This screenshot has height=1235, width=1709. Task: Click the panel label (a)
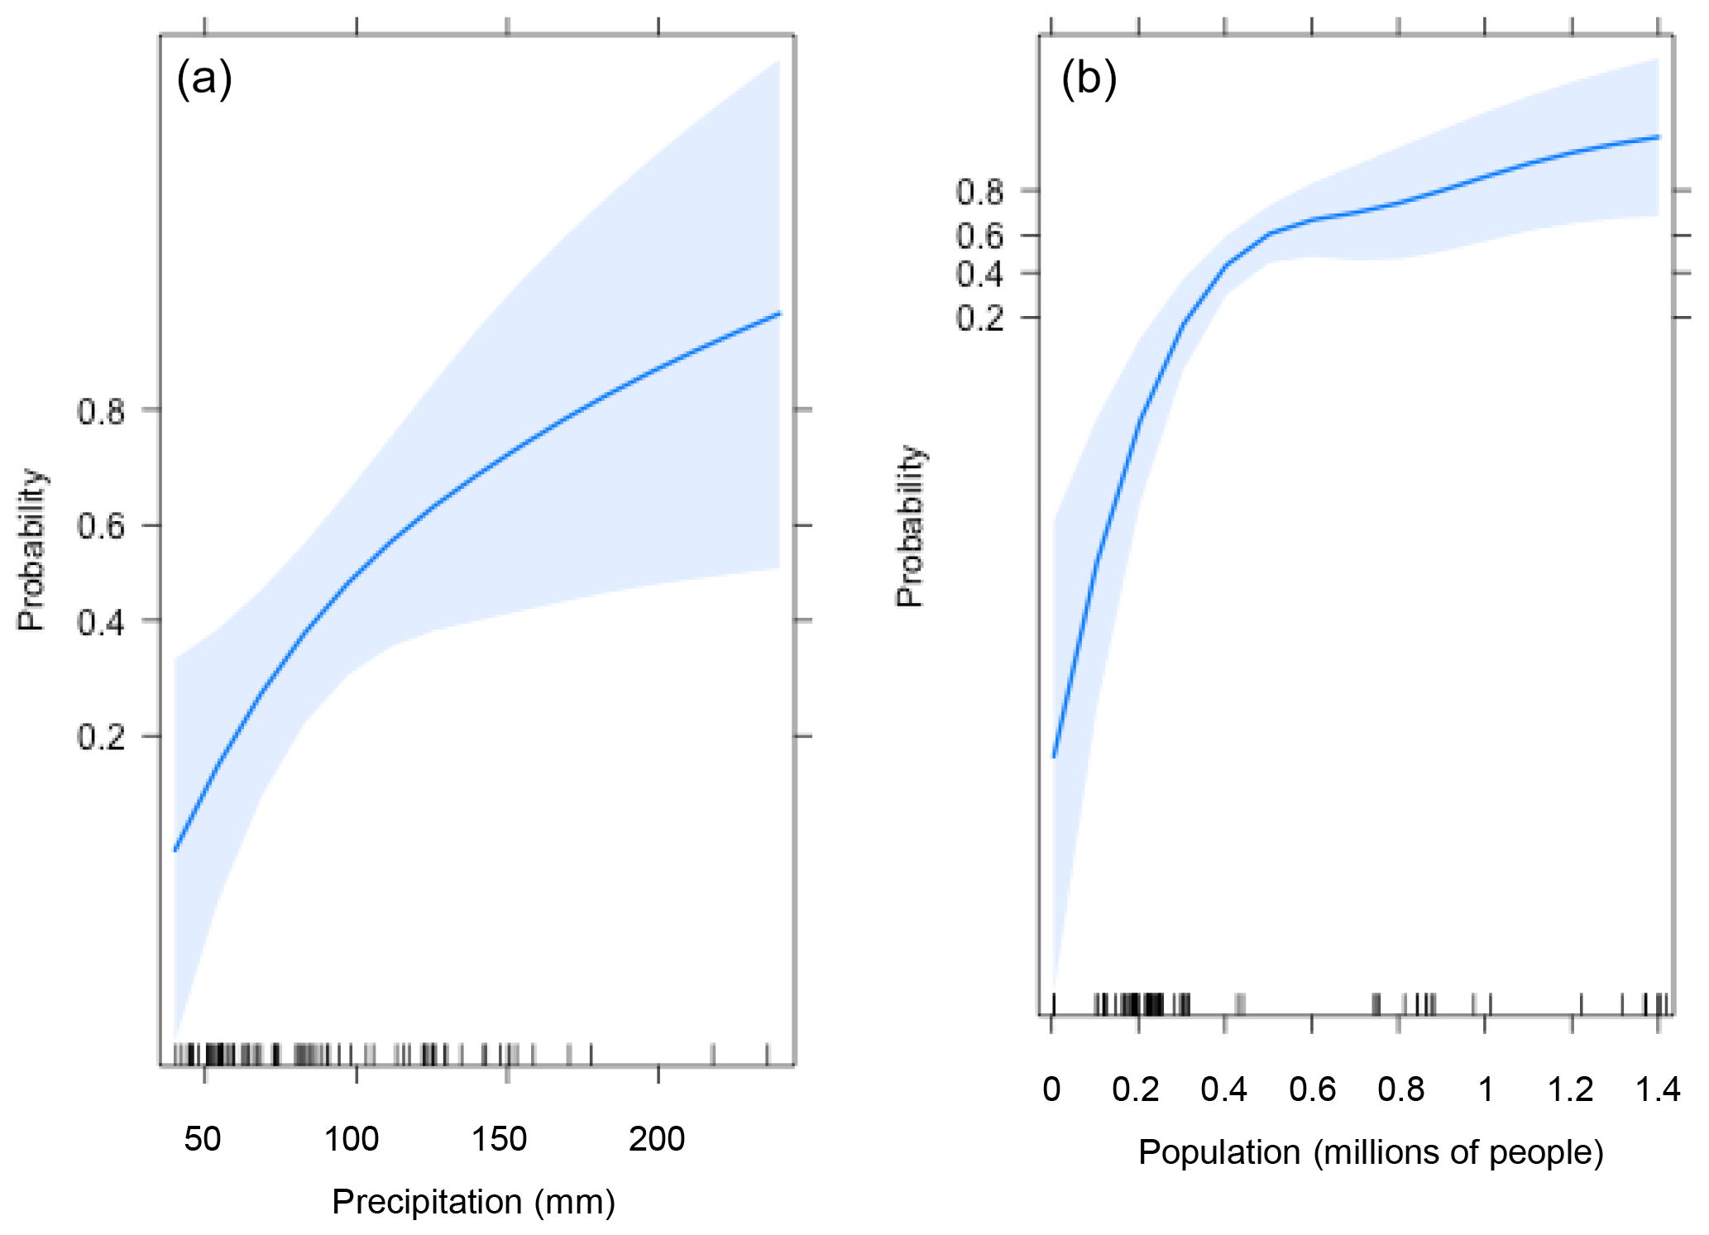coord(204,79)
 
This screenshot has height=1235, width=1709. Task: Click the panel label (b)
coord(1089,79)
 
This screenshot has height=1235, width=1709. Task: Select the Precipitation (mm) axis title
coord(473,1201)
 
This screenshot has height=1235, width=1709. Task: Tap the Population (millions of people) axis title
coord(1371,1151)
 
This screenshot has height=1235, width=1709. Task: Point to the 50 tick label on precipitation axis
coord(203,1139)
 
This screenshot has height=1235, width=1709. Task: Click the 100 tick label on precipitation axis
coord(352,1139)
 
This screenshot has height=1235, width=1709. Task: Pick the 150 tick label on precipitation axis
coord(499,1139)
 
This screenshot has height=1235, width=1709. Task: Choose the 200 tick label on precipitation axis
coord(657,1139)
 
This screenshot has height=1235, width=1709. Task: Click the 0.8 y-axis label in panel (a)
coord(101,411)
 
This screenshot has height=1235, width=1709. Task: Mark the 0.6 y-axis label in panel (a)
coord(101,526)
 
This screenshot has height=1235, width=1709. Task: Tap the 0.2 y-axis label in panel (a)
coord(101,736)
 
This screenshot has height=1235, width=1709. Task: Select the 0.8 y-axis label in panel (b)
coord(979,193)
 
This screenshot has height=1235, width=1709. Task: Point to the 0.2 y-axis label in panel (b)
coord(979,318)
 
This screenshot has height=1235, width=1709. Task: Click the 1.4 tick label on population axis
coord(1658,1089)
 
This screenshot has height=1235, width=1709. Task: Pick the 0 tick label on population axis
coord(1051,1089)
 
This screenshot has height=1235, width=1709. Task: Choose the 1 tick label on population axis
coord(1486,1089)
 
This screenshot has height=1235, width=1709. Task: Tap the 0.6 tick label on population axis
coord(1312,1089)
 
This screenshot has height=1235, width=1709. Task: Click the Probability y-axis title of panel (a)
coord(32,550)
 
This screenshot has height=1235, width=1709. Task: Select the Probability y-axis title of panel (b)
coord(910,526)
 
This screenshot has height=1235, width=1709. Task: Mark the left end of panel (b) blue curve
coord(1054,756)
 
